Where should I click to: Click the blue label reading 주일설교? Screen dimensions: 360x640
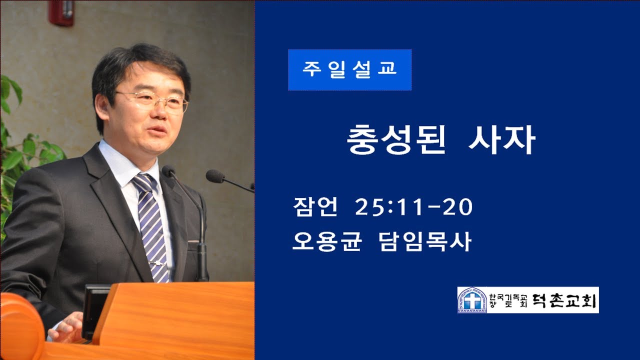tap(349, 69)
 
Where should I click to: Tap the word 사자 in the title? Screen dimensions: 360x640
tap(501, 140)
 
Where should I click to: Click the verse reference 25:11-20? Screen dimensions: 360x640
tap(413, 207)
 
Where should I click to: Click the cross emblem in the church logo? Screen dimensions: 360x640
tap(471, 300)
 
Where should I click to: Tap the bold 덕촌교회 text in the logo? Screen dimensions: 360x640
tap(565, 300)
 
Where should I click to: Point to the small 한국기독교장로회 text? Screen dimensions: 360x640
tap(504, 300)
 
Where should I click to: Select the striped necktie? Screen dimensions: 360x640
tap(151, 225)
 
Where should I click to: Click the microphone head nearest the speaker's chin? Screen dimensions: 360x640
tap(168, 171)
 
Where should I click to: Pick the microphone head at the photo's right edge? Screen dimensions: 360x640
tap(215, 176)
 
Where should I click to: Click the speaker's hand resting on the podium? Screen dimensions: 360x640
tap(67, 327)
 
